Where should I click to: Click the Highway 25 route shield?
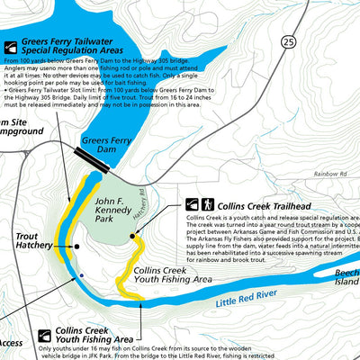[287, 41]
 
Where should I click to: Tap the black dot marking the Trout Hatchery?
[77, 245]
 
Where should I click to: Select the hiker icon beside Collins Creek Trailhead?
[208, 205]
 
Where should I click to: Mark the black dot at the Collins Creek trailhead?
[131, 237]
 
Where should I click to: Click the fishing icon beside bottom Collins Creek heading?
[45, 336]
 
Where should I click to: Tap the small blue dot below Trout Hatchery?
[81, 274]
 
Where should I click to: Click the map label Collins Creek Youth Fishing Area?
[172, 274]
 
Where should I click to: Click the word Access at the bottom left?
[11, 343]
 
